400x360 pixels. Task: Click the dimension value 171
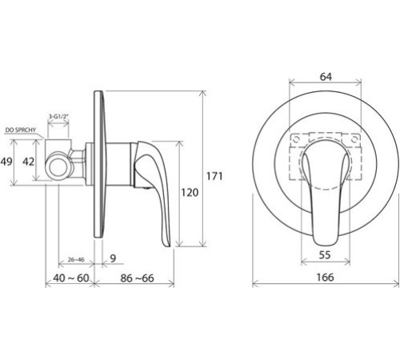(x=214, y=176)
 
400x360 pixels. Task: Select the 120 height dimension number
(x=190, y=192)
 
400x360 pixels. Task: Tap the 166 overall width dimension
(x=325, y=277)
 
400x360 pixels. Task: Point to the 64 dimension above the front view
(x=326, y=77)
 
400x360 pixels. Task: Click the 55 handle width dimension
(x=325, y=255)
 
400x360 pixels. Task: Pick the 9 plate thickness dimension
(x=113, y=258)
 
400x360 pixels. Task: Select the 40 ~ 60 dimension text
(x=71, y=278)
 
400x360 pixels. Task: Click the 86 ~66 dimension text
(x=137, y=278)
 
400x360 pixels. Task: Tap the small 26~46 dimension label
(x=76, y=259)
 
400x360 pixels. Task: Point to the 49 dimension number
(x=6, y=162)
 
